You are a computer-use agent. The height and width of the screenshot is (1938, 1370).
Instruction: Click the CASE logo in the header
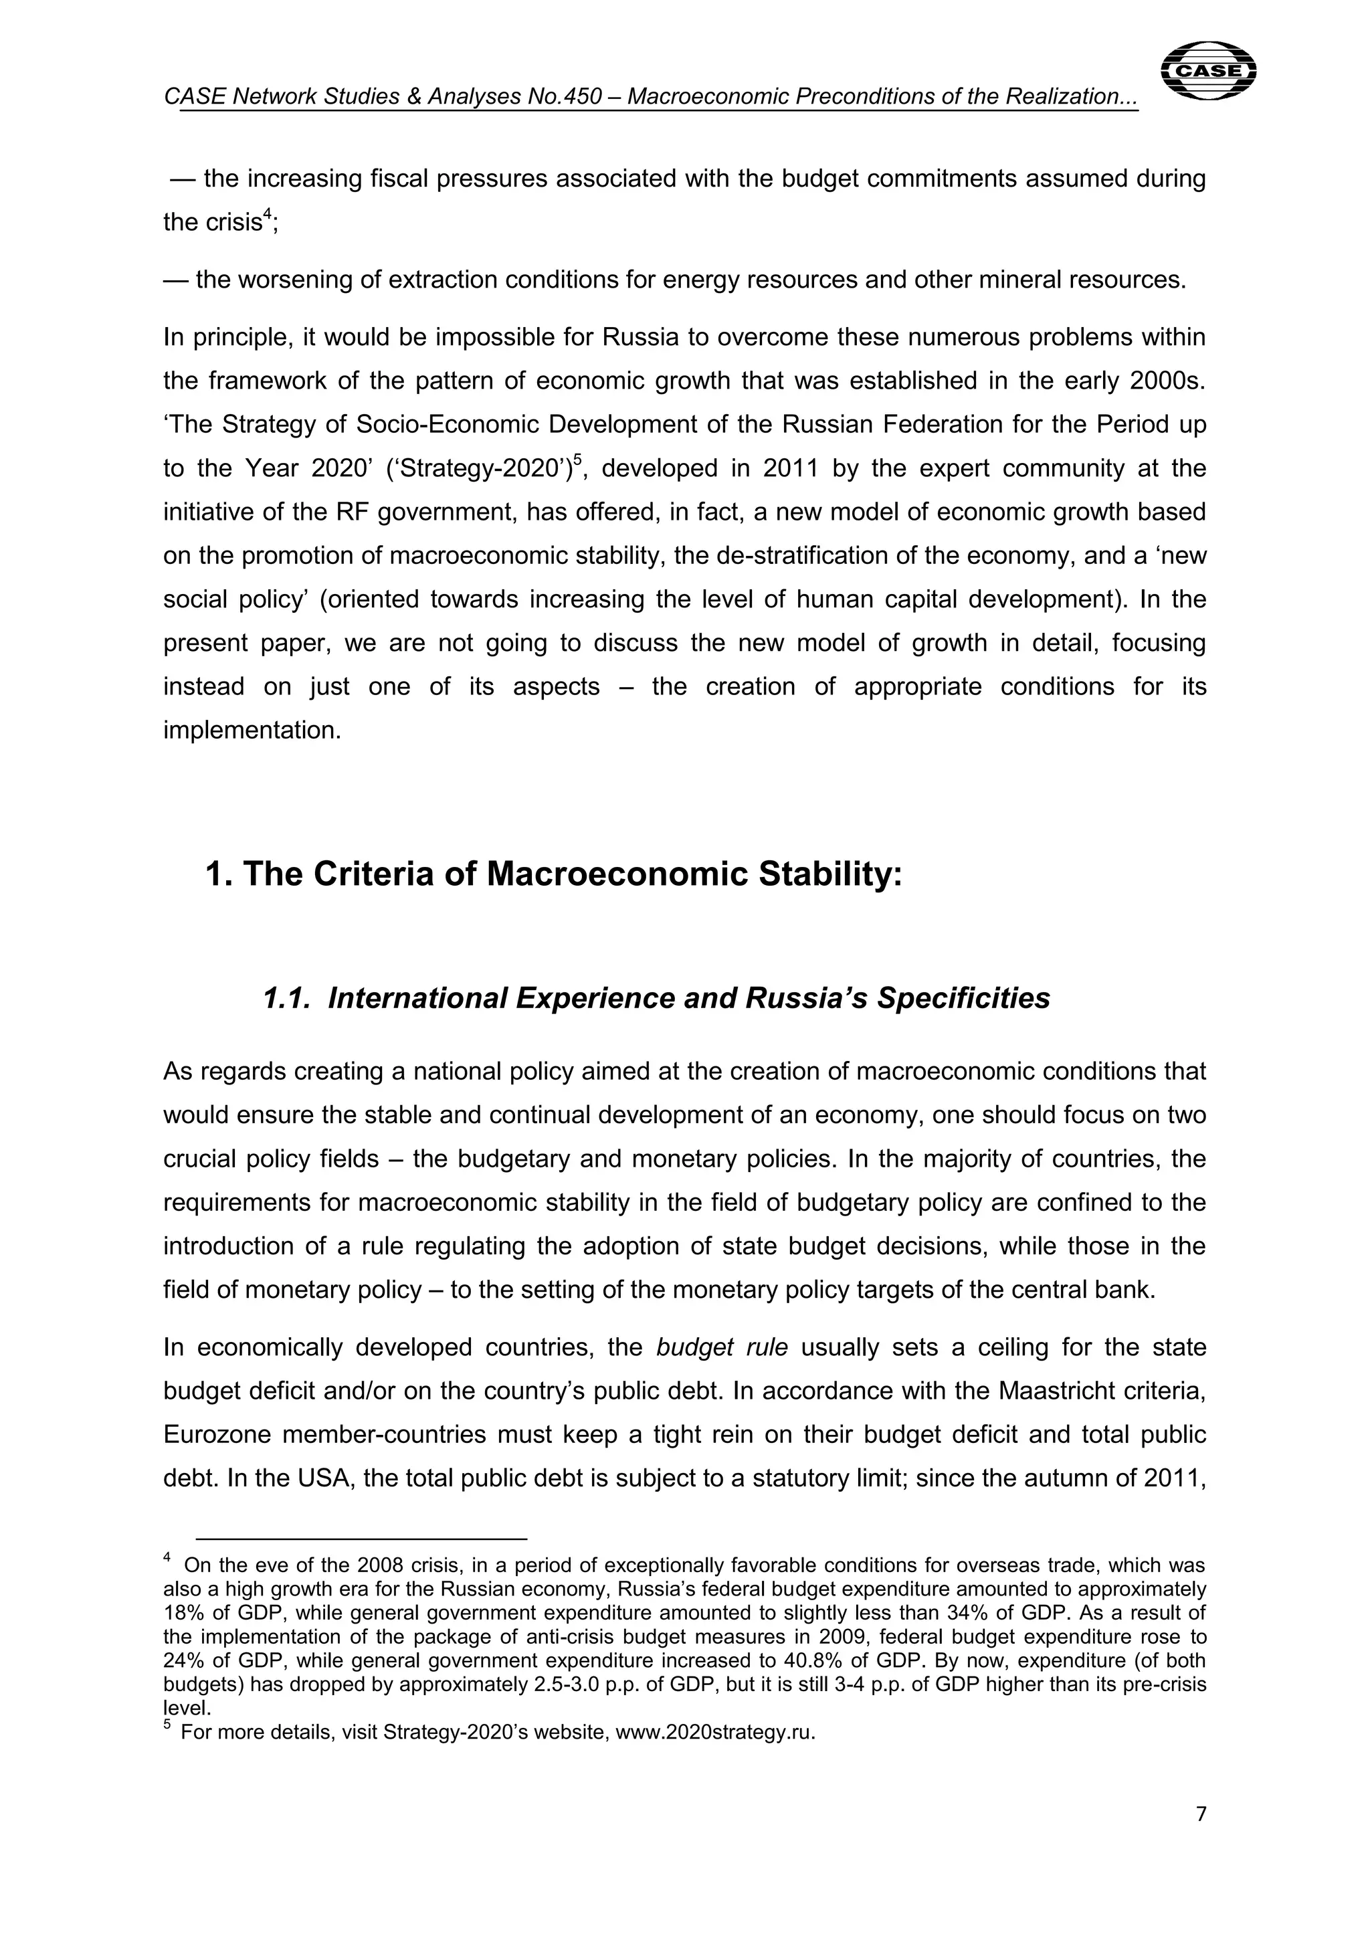coord(1209,71)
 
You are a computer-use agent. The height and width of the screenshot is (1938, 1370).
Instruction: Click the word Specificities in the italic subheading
coord(963,999)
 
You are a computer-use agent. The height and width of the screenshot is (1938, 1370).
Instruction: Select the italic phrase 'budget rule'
coord(722,1347)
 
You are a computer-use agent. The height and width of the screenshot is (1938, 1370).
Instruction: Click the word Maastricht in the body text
coord(1060,1391)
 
